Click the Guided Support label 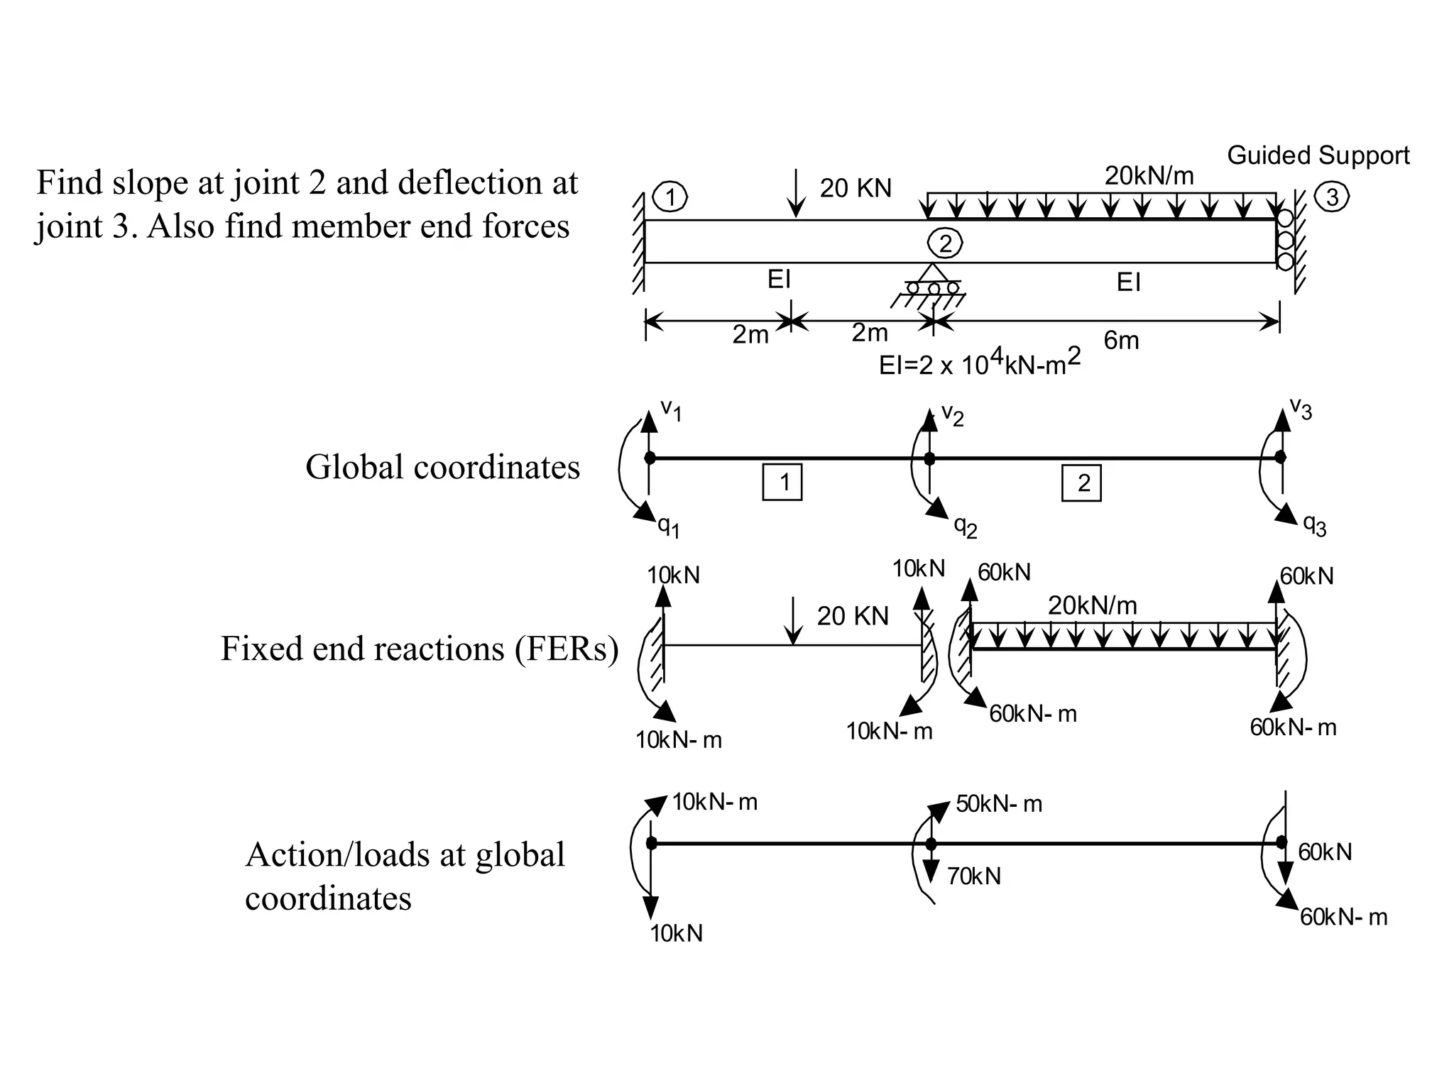pyautogui.click(x=1318, y=155)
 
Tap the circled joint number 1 pyautogui.click(x=669, y=197)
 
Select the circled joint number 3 pyautogui.click(x=1332, y=197)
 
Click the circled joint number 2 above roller pyautogui.click(x=945, y=244)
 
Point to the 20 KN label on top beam pyautogui.click(x=855, y=188)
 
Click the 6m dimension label pyautogui.click(x=1121, y=341)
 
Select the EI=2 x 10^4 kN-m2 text pyautogui.click(x=979, y=363)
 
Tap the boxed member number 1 pyautogui.click(x=782, y=483)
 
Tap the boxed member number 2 pyautogui.click(x=1081, y=483)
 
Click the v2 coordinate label pyautogui.click(x=952, y=414)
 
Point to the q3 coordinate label pyautogui.click(x=1314, y=525)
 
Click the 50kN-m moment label pyautogui.click(x=998, y=804)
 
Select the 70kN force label pyautogui.click(x=973, y=877)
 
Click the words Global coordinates pyautogui.click(x=442, y=468)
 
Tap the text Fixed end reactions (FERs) pyautogui.click(x=419, y=649)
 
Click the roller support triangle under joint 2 pyautogui.click(x=932, y=273)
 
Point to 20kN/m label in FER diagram pyautogui.click(x=1092, y=605)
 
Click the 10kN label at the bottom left pyautogui.click(x=676, y=934)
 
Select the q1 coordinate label pyautogui.click(x=668, y=527)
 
